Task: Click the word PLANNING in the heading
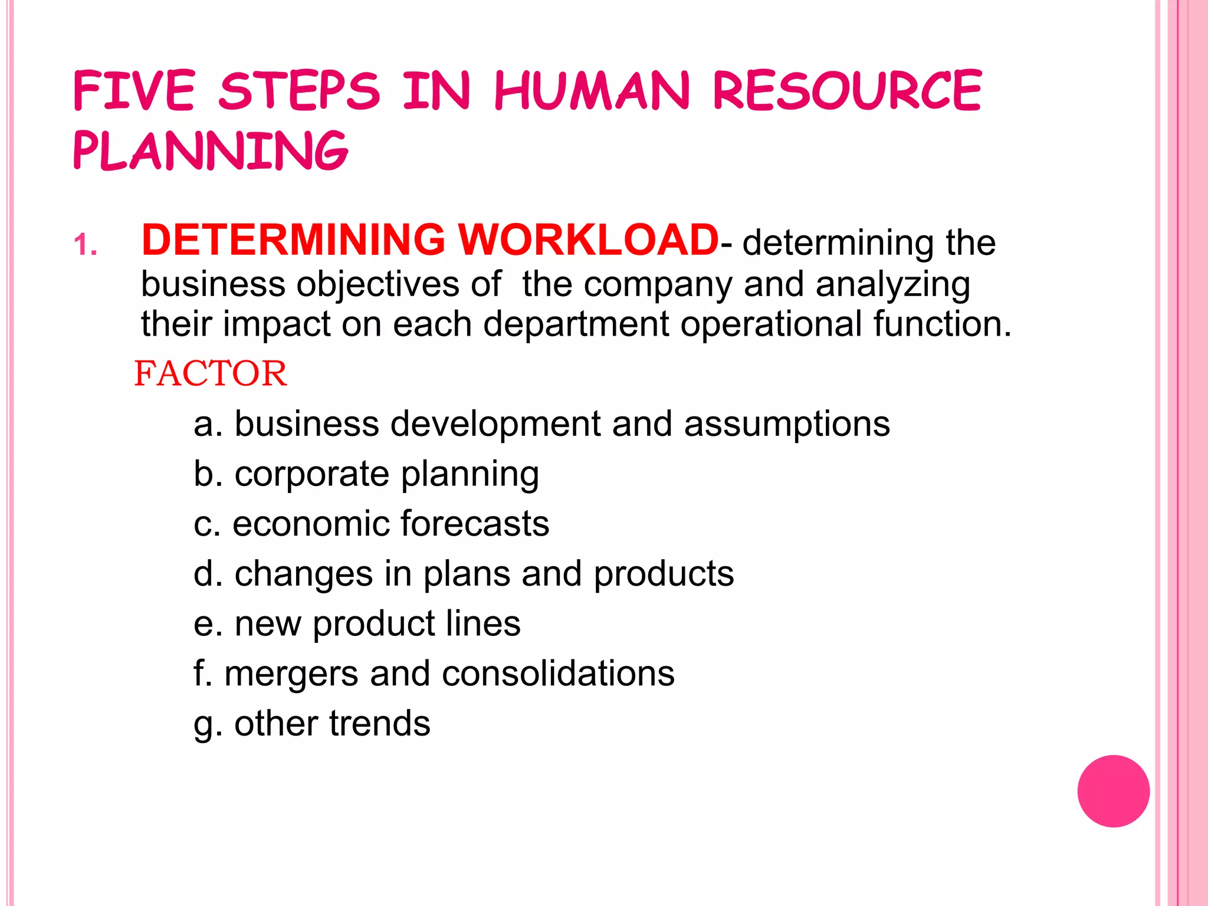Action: click(211, 151)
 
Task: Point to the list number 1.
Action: click(86, 244)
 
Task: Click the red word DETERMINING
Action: click(293, 241)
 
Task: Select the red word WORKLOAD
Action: click(589, 241)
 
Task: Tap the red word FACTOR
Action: click(211, 374)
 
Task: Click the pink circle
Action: click(1113, 791)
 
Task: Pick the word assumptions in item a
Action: click(787, 425)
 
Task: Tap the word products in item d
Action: click(664, 575)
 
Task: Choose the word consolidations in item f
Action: click(558, 674)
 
